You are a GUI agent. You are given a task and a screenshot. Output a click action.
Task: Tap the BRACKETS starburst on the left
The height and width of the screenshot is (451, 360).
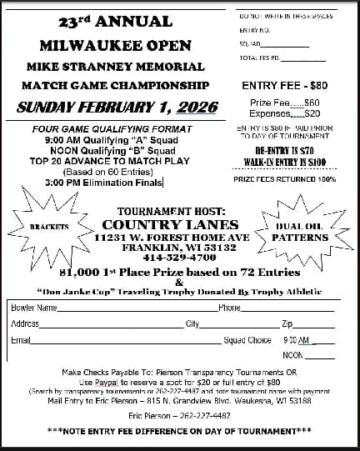click(x=49, y=226)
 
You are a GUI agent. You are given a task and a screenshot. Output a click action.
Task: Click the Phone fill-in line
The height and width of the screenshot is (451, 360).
click(x=287, y=309)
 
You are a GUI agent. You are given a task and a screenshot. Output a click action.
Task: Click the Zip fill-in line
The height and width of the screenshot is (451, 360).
click(x=314, y=325)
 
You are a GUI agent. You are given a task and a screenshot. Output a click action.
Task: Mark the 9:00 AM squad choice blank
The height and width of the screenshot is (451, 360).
click(x=322, y=341)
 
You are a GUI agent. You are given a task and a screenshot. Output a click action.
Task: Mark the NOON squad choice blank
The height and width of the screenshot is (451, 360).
click(x=322, y=356)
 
